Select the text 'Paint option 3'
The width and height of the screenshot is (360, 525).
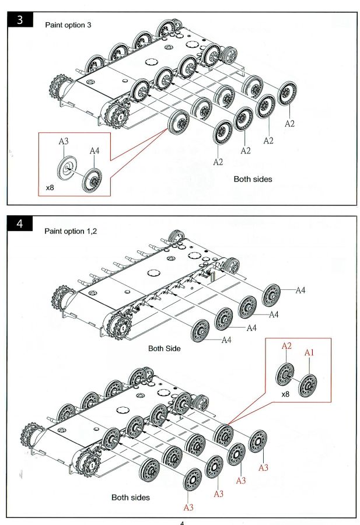point(68,25)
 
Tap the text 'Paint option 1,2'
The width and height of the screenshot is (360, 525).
point(71,231)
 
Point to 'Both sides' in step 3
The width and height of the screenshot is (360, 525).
point(253,179)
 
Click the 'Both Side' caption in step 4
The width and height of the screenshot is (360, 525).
point(164,348)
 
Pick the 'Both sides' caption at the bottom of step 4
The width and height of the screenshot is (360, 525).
point(130,498)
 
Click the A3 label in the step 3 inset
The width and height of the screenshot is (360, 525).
point(64,141)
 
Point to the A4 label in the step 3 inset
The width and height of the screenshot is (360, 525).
point(95,151)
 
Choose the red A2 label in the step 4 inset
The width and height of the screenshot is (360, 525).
point(286,346)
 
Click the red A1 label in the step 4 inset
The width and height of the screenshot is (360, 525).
point(309,353)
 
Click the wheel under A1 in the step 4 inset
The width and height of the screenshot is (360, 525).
point(308,385)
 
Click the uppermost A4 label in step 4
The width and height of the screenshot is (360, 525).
point(300,290)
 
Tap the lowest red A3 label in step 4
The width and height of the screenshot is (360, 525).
point(188,508)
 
